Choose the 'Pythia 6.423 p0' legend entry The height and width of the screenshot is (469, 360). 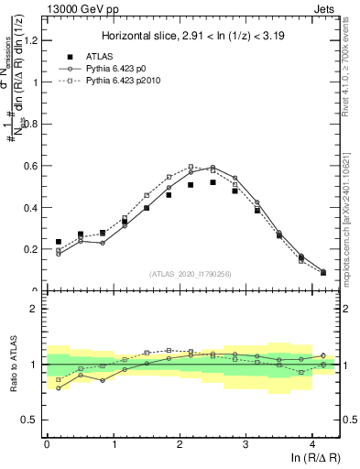click(135, 69)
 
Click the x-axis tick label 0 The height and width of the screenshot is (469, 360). click(47, 445)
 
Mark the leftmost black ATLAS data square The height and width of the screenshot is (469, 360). click(59, 242)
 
